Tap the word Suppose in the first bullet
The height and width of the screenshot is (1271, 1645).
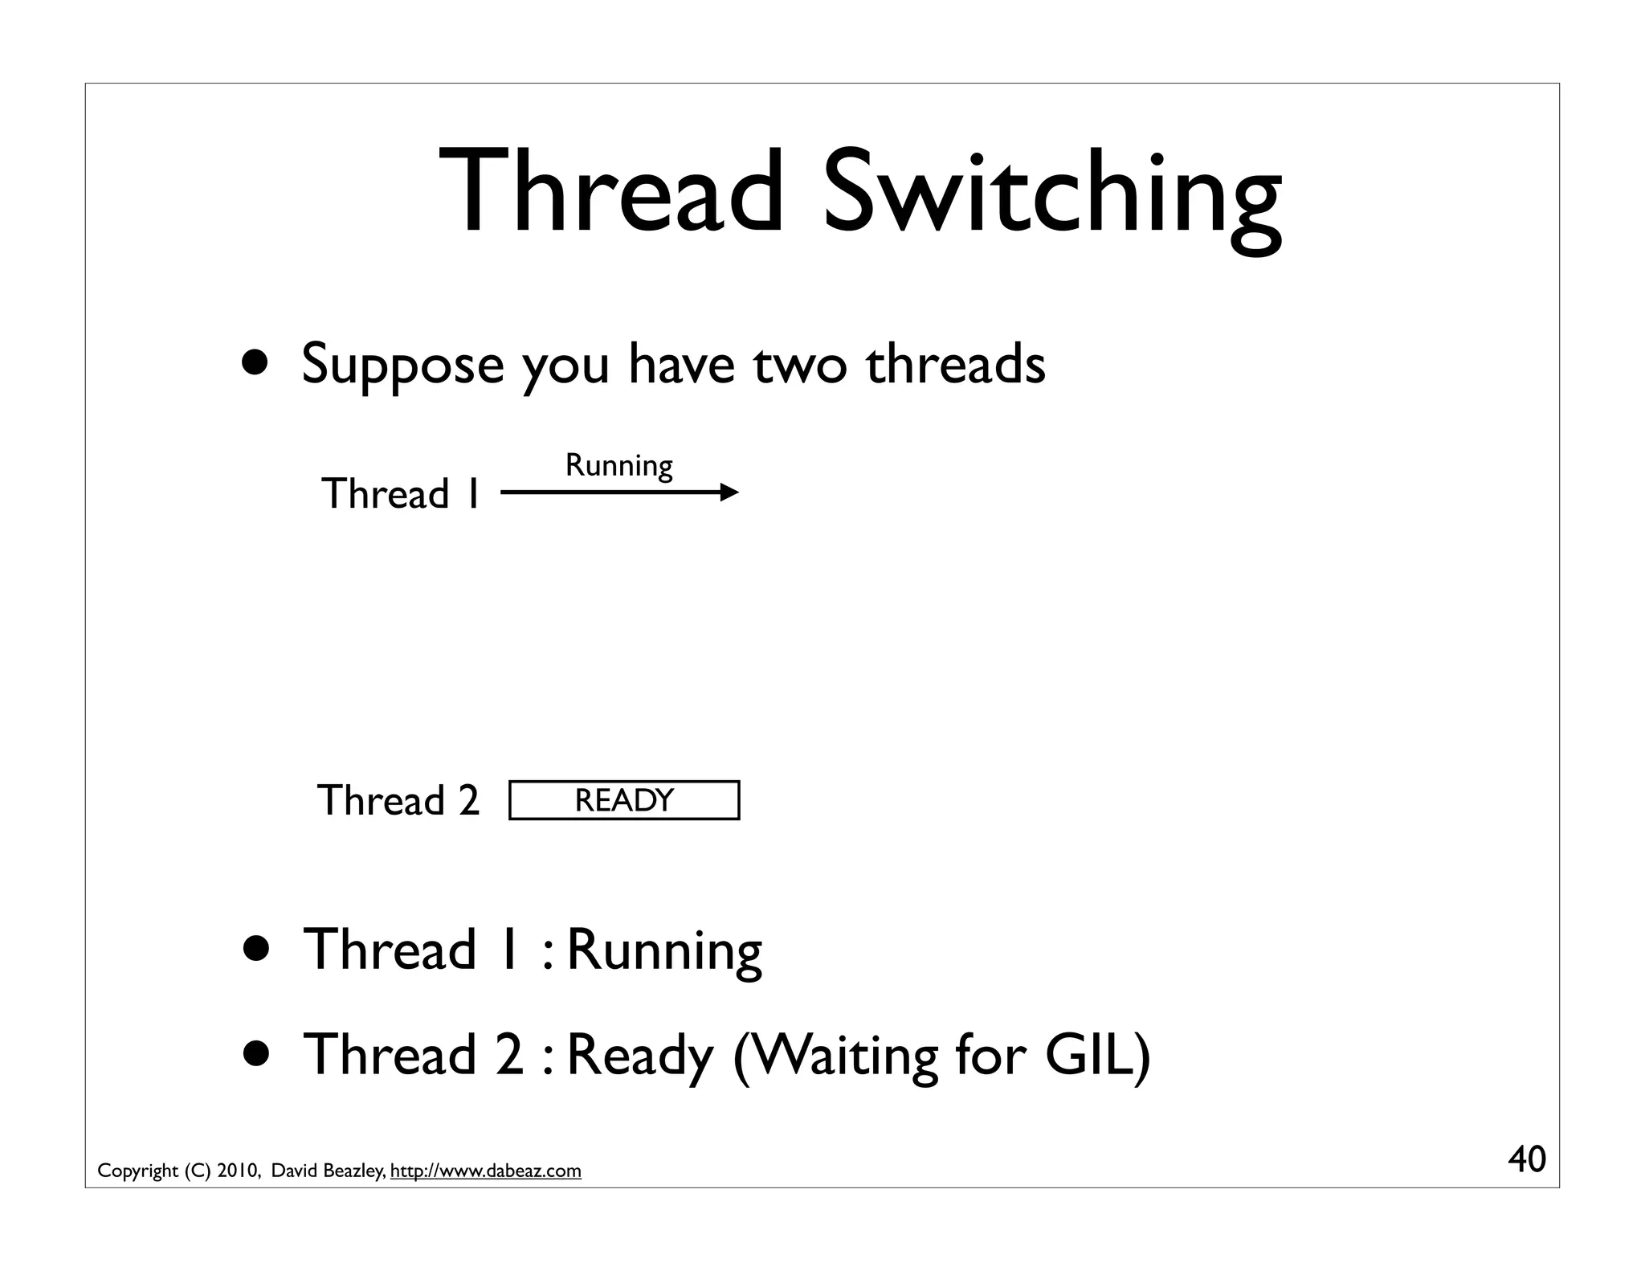pyautogui.click(x=402, y=365)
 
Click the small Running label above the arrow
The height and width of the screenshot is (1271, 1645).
pyautogui.click(x=618, y=465)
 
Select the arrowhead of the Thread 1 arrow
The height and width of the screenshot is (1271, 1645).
pyautogui.click(x=729, y=492)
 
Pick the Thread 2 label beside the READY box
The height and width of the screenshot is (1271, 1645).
pyautogui.click(x=398, y=800)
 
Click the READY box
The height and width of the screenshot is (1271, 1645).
pyautogui.click(x=624, y=800)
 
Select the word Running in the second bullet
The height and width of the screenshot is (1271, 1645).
pyautogui.click(x=663, y=950)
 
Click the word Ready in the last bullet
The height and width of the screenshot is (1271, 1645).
pyautogui.click(x=639, y=1055)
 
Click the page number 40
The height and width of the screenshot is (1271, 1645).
pyautogui.click(x=1526, y=1159)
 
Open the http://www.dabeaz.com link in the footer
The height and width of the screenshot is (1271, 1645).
pyautogui.click(x=485, y=1171)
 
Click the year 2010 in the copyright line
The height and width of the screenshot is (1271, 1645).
pyautogui.click(x=238, y=1171)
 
